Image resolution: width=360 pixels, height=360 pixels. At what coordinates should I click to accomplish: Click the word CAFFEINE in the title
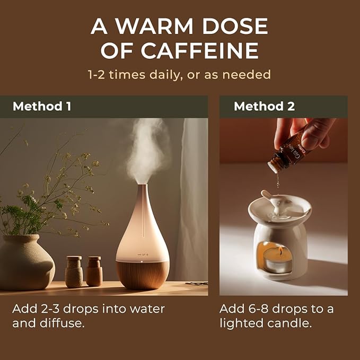pos(200,50)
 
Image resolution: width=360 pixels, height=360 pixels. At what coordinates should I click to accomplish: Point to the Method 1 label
pos(42,107)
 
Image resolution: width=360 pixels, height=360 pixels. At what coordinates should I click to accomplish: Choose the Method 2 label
pos(264,107)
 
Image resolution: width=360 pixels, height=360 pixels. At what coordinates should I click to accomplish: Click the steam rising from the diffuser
pos(144,148)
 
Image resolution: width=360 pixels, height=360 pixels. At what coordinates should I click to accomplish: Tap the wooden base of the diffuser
pos(143,274)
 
